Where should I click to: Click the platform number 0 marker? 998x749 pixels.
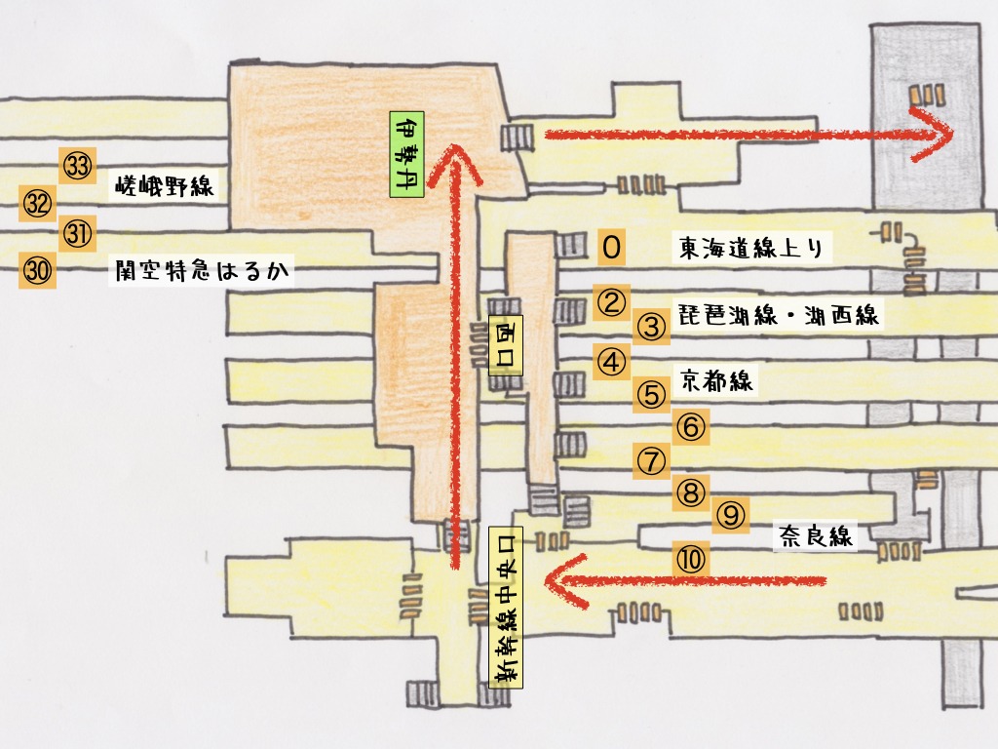[x=611, y=248]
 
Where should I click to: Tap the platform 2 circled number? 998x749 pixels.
[x=611, y=302]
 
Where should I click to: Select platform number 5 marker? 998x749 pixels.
[x=651, y=395]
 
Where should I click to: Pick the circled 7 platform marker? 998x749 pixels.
[x=651, y=459]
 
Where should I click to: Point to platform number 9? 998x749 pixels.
[x=731, y=514]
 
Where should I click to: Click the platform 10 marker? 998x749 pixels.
[x=690, y=559]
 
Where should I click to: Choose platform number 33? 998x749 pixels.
[x=77, y=166]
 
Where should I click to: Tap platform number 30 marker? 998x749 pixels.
[x=37, y=272]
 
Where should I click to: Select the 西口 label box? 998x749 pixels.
[x=506, y=344]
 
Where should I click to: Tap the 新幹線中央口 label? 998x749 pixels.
[x=506, y=607]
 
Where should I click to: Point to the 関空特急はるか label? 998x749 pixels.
[x=201, y=270]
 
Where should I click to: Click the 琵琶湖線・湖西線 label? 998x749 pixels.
[x=780, y=315]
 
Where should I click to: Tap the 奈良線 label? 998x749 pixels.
[x=815, y=535]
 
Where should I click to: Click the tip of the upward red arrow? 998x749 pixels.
[x=453, y=148]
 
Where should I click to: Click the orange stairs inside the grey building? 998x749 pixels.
[x=927, y=95]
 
